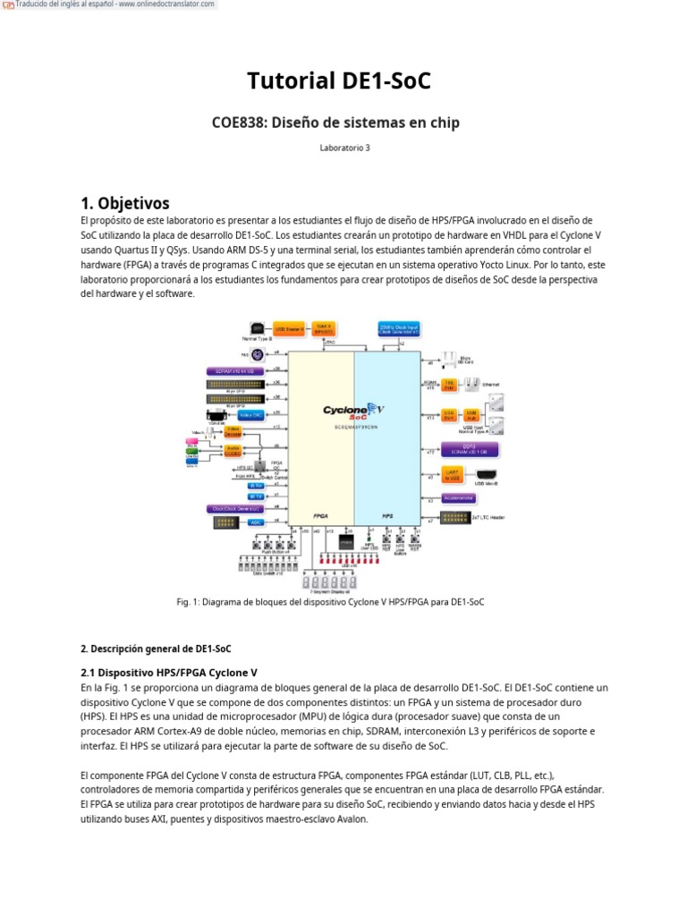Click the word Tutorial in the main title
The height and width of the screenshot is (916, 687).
click(292, 81)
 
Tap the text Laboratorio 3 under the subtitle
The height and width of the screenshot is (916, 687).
click(343, 148)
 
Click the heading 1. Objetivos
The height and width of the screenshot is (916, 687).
click(124, 203)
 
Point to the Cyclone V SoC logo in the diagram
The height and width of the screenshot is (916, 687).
click(354, 411)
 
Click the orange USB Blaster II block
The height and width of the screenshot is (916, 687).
click(289, 329)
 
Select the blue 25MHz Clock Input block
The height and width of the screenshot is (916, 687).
click(398, 328)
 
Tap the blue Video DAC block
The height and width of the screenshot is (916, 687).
click(250, 415)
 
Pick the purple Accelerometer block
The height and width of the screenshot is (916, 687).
click(457, 497)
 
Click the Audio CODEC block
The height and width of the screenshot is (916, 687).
click(233, 450)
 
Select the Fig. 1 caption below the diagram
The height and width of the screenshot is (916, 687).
click(330, 602)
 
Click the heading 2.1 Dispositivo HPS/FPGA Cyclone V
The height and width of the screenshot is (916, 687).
click(169, 672)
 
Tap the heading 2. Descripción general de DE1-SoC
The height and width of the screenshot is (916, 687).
click(156, 648)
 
